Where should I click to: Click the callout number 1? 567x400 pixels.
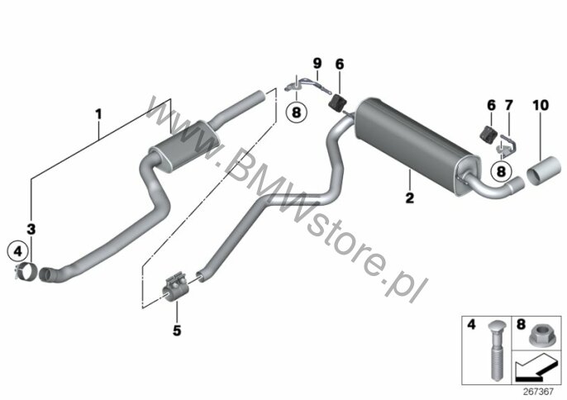pyautogui.click(x=98, y=114)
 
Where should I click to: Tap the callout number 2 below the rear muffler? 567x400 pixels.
pyautogui.click(x=409, y=198)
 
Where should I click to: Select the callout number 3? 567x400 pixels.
pyautogui.click(x=31, y=229)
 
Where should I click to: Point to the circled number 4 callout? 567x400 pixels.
pyautogui.click(x=18, y=250)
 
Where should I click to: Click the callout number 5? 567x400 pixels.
pyautogui.click(x=177, y=331)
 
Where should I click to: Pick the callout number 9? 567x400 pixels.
pyautogui.click(x=317, y=64)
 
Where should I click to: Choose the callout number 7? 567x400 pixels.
pyautogui.click(x=509, y=105)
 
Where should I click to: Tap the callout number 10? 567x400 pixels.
pyautogui.click(x=541, y=105)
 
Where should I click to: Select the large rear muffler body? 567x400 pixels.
pyautogui.click(x=416, y=144)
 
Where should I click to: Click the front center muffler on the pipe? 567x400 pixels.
pyautogui.click(x=184, y=147)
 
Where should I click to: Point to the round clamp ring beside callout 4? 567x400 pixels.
pyautogui.click(x=26, y=273)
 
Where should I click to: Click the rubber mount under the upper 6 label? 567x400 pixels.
pyautogui.click(x=337, y=102)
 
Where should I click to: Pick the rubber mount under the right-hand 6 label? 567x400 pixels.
pyautogui.click(x=488, y=135)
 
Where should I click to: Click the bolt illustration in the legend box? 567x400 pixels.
pyautogui.click(x=495, y=351)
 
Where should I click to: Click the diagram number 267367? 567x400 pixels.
pyautogui.click(x=538, y=391)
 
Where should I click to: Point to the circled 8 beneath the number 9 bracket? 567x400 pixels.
pyautogui.click(x=296, y=112)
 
